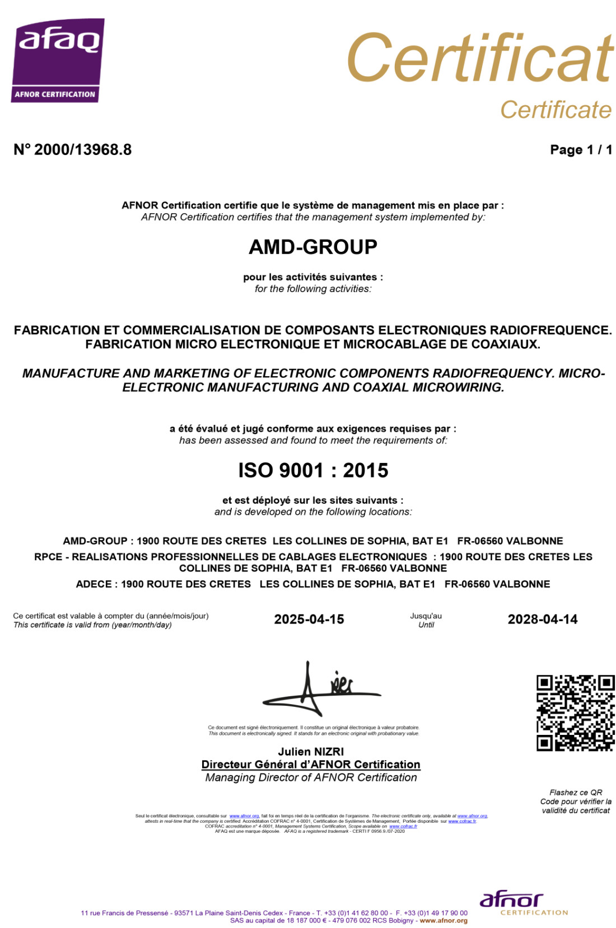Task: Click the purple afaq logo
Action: (x=58, y=60)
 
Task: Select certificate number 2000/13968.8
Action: (x=73, y=149)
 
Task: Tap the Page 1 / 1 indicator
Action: (x=581, y=149)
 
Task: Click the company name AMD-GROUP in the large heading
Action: (x=312, y=247)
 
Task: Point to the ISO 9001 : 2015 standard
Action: (x=312, y=470)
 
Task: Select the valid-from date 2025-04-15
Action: (x=309, y=619)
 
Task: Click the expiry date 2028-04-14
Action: (x=542, y=619)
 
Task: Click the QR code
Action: (x=575, y=713)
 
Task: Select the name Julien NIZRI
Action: (x=311, y=752)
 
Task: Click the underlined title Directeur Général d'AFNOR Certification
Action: (x=311, y=765)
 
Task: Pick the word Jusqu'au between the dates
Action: (x=426, y=616)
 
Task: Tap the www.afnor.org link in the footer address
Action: (x=444, y=920)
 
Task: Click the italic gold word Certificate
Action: (x=556, y=110)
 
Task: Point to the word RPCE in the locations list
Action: (x=48, y=556)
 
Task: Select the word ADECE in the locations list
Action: (x=94, y=584)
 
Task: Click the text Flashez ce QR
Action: (x=576, y=792)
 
